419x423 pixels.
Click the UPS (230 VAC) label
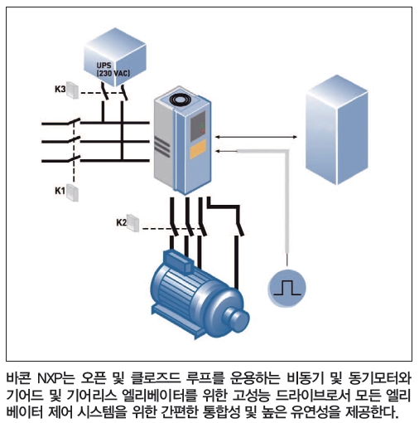pyautogui.click(x=113, y=70)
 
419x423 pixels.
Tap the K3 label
pyautogui.click(x=60, y=90)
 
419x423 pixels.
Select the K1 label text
pyautogui.click(x=60, y=191)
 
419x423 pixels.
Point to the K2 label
pyautogui.click(x=122, y=222)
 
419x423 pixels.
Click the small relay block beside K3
pyautogui.click(x=73, y=90)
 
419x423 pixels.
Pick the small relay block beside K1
pyautogui.click(x=72, y=192)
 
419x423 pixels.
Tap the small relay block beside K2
pyautogui.click(x=133, y=223)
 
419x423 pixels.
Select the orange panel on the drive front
pyautogui.click(x=198, y=149)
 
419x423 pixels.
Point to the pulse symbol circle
pyautogui.click(x=287, y=288)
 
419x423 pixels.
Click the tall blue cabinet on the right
pyautogui.click(x=337, y=130)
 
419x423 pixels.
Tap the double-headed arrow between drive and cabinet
pyautogui.click(x=257, y=137)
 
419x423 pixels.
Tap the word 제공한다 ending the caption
pyautogui.click(x=372, y=412)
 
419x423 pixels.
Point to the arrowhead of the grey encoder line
pyautogui.click(x=218, y=151)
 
